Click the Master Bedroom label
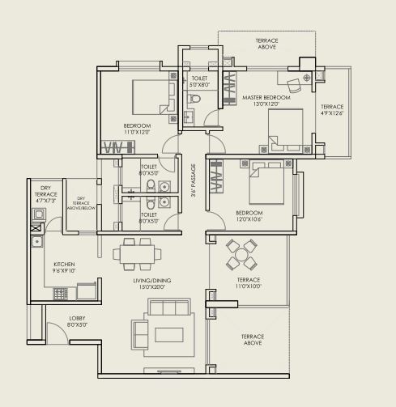(x=260, y=100)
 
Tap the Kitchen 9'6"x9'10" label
(x=65, y=268)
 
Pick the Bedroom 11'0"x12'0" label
(x=137, y=129)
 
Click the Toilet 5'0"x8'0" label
(x=199, y=81)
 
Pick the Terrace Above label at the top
(x=266, y=45)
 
